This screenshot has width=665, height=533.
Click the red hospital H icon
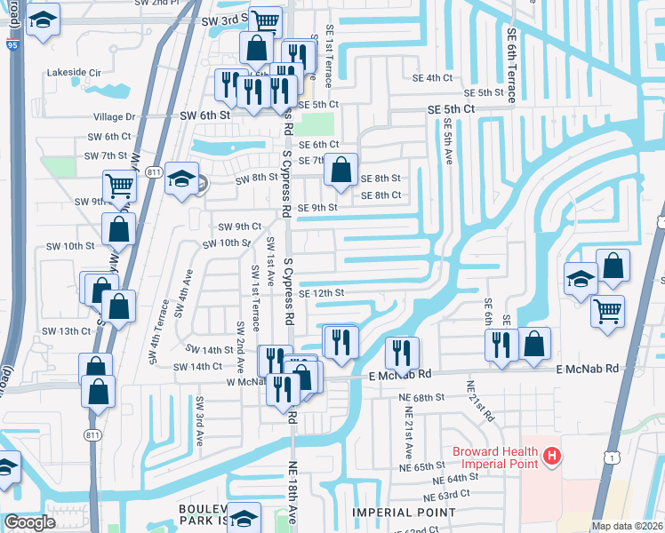pos(552,457)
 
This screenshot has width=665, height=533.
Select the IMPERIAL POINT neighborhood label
pos(404,513)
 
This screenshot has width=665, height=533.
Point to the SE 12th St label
pos(321,293)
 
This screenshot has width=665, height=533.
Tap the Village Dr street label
pos(117,116)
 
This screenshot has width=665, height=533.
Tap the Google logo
pos(29,523)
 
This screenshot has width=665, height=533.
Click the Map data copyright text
pos(627,526)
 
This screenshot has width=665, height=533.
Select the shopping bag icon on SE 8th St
pos(341,169)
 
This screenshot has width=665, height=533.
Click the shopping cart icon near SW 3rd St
pos(266,20)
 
